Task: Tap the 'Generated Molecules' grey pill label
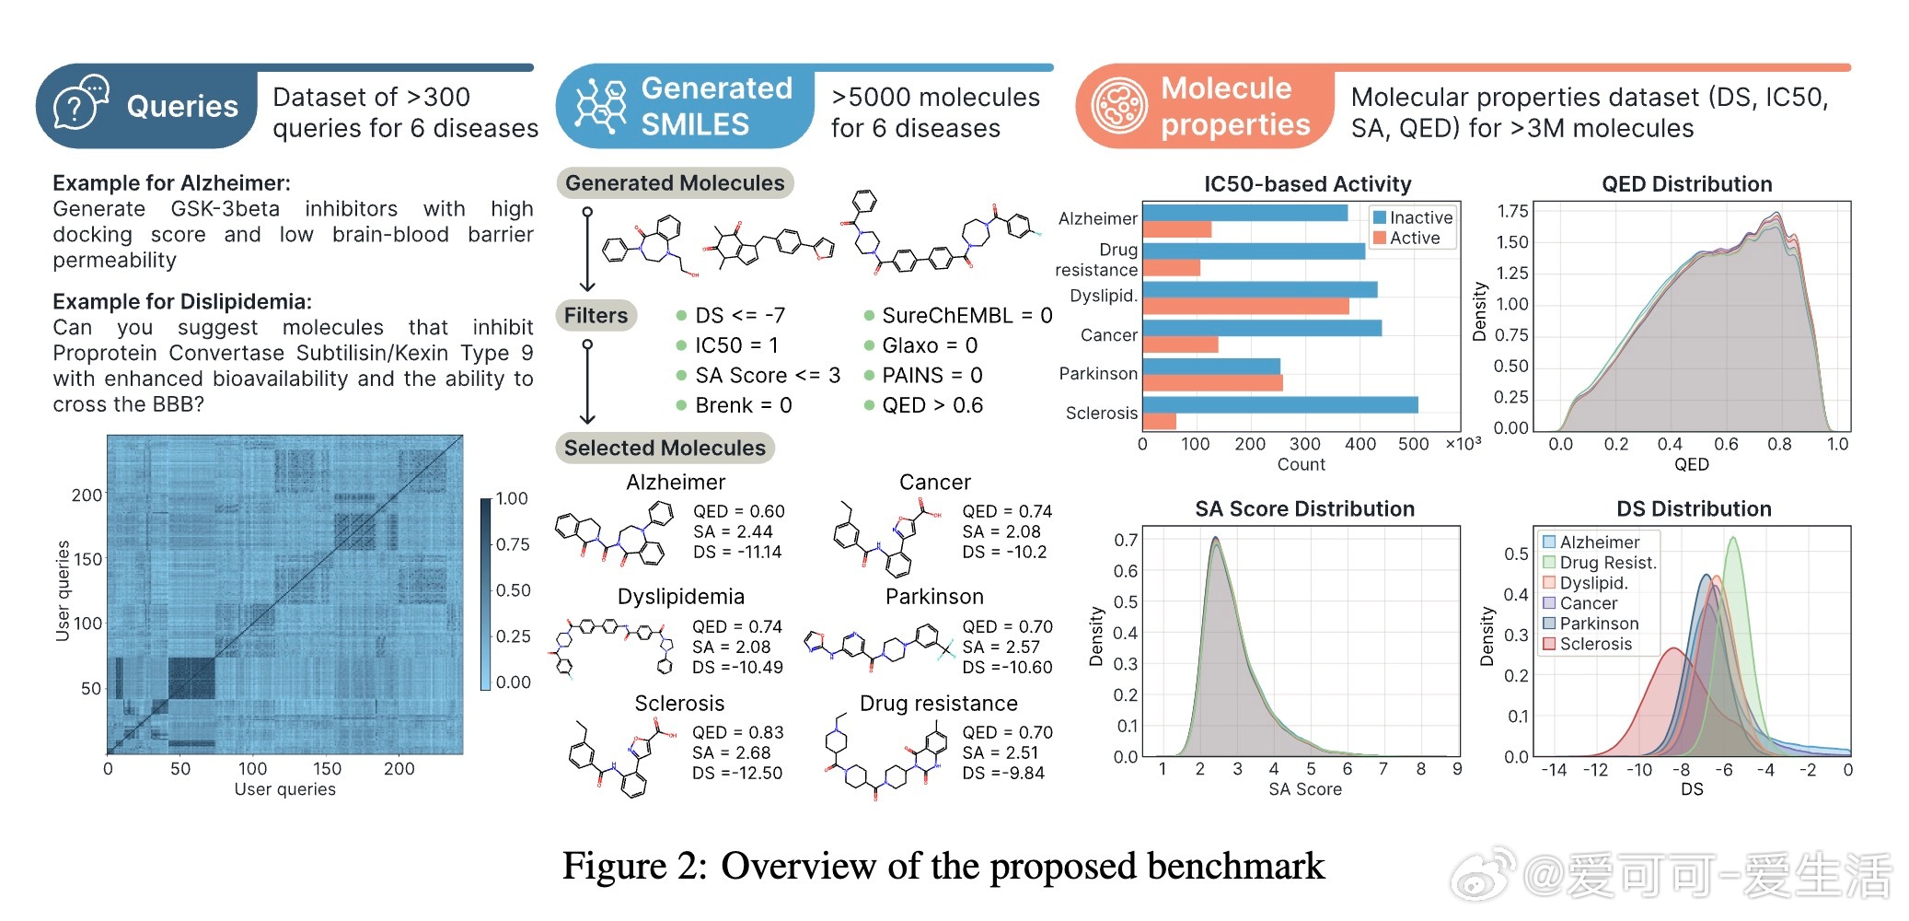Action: point(675,183)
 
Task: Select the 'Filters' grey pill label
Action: point(596,316)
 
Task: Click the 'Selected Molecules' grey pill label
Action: point(665,449)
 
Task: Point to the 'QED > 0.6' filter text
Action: point(931,405)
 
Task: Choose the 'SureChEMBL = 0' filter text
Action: point(966,316)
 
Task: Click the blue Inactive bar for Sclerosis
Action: point(1279,404)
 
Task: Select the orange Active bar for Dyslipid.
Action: point(1245,306)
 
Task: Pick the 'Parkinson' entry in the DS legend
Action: point(1599,624)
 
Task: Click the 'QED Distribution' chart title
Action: point(1686,184)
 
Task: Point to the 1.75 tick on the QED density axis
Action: point(1512,211)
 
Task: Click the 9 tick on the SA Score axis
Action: point(1457,769)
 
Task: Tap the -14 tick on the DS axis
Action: point(1554,770)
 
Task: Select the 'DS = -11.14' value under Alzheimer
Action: point(737,553)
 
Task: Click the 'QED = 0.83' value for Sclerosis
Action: point(737,732)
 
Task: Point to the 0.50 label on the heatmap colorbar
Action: point(513,590)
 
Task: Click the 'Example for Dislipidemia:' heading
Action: point(182,302)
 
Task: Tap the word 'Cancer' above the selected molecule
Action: point(934,483)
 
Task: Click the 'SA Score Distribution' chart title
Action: point(1304,509)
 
